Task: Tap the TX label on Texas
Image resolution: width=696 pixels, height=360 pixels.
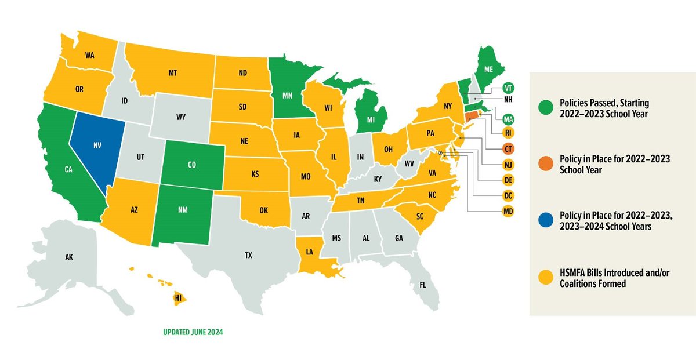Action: pos(248,255)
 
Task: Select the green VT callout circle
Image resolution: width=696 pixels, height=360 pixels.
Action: pos(509,88)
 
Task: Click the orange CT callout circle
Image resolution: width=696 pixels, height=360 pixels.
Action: pos(509,149)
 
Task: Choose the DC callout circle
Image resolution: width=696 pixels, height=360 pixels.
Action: pos(509,196)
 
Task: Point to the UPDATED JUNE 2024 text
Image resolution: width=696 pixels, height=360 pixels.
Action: pos(192,333)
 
